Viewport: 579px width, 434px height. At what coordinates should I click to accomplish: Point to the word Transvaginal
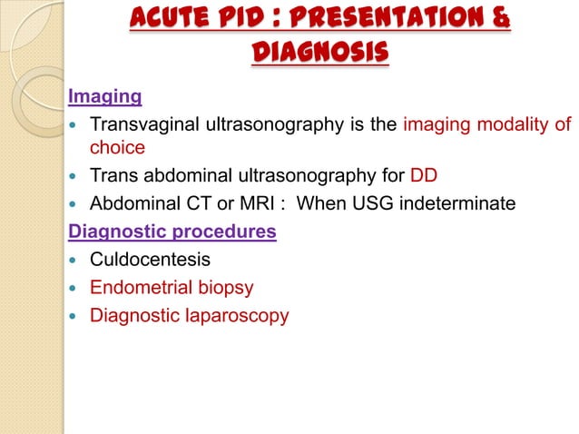144,123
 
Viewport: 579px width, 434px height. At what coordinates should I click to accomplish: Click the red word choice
116,146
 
